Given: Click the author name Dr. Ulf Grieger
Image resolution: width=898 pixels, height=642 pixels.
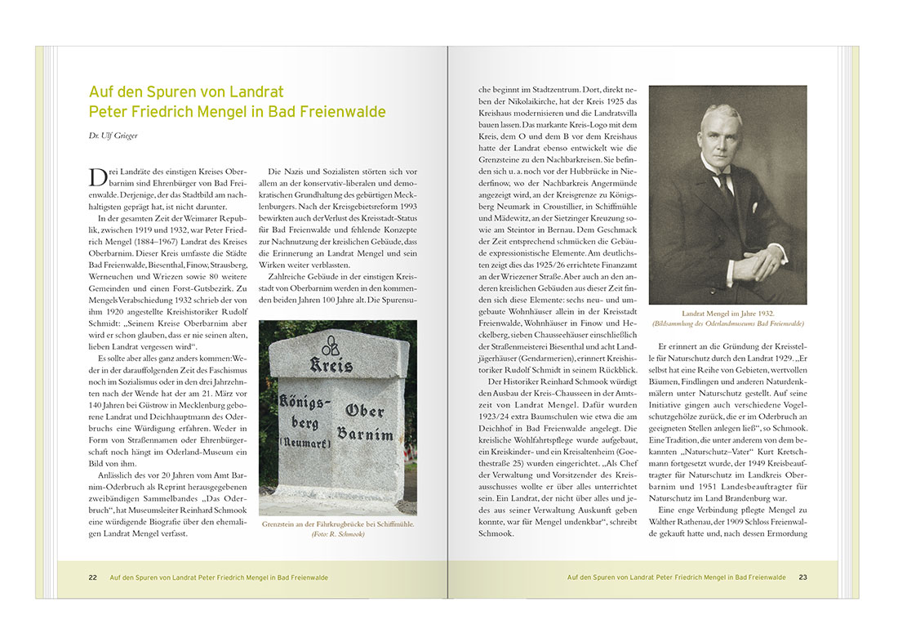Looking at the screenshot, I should [x=115, y=136].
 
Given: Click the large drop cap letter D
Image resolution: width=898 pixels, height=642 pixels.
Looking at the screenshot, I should [x=96, y=179].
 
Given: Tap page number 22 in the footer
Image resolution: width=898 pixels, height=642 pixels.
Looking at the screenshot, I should [x=93, y=577].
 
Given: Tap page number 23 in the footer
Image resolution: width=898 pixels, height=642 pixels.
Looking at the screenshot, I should [x=802, y=577].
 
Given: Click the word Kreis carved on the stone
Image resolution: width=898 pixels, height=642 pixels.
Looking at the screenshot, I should [x=330, y=365].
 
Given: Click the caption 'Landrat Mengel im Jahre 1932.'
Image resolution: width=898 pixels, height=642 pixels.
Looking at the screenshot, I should [x=727, y=314].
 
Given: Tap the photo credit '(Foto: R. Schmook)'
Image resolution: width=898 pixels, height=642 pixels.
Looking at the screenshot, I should [x=338, y=534].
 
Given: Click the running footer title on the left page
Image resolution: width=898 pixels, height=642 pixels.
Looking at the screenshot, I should [x=219, y=577].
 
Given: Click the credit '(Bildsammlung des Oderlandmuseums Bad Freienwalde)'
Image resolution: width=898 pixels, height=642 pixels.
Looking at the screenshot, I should [x=727, y=323].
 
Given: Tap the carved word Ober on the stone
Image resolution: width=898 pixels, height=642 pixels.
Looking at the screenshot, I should [x=365, y=411].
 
